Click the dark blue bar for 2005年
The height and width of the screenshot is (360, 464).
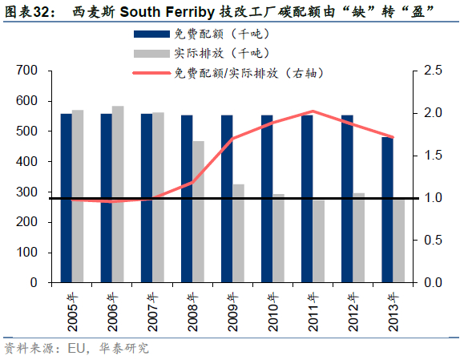[x=67, y=198]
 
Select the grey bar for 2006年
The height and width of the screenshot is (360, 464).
[x=118, y=194]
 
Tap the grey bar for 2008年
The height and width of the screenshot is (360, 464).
[x=198, y=212]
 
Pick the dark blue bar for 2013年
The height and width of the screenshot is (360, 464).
[x=387, y=209]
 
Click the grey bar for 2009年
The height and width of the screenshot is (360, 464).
[x=239, y=233]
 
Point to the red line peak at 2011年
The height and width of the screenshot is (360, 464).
[x=313, y=111]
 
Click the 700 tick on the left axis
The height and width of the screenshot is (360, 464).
[x=26, y=71]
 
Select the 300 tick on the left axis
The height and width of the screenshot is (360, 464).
[x=26, y=192]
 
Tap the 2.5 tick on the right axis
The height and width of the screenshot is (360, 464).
[x=433, y=71]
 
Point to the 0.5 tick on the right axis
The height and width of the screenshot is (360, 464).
[x=433, y=240]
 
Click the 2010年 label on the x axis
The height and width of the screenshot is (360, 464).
[x=272, y=312]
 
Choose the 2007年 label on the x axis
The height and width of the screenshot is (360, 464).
[x=152, y=312]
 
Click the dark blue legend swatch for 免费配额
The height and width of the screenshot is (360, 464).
[x=151, y=34]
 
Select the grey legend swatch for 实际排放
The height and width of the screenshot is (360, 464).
[x=151, y=54]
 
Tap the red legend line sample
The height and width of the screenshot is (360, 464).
[x=151, y=73]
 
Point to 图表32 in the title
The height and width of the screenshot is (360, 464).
[x=28, y=12]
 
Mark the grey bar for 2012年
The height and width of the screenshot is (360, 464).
[x=359, y=237]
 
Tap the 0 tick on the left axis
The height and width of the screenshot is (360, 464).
[x=34, y=282]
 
